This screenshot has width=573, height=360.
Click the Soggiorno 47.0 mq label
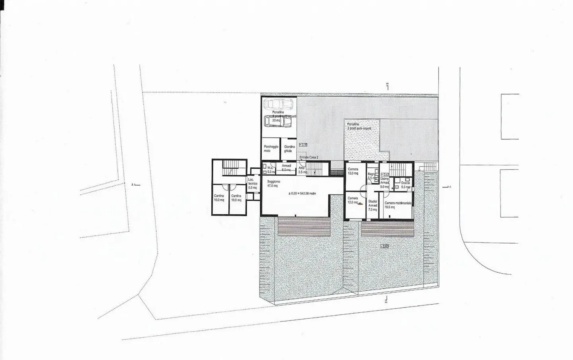click(x=273, y=183)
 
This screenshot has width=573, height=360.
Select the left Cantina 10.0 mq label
click(x=219, y=198)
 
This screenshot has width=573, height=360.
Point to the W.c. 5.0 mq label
click(x=271, y=170)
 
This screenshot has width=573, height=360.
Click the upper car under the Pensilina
click(x=278, y=105)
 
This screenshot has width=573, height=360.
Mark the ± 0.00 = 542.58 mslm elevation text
click(x=302, y=194)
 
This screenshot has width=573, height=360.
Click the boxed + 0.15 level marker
click(x=303, y=145)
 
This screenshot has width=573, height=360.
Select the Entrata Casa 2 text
click(x=309, y=158)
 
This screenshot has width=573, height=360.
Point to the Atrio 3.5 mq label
click(x=302, y=170)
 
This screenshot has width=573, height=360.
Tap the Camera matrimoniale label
click(x=398, y=205)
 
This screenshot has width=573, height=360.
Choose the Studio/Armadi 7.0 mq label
click(x=373, y=205)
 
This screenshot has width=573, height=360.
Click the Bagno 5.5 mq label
click(x=372, y=176)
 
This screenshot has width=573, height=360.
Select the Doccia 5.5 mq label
click(x=405, y=185)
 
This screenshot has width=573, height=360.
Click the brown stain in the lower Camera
click(x=360, y=204)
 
